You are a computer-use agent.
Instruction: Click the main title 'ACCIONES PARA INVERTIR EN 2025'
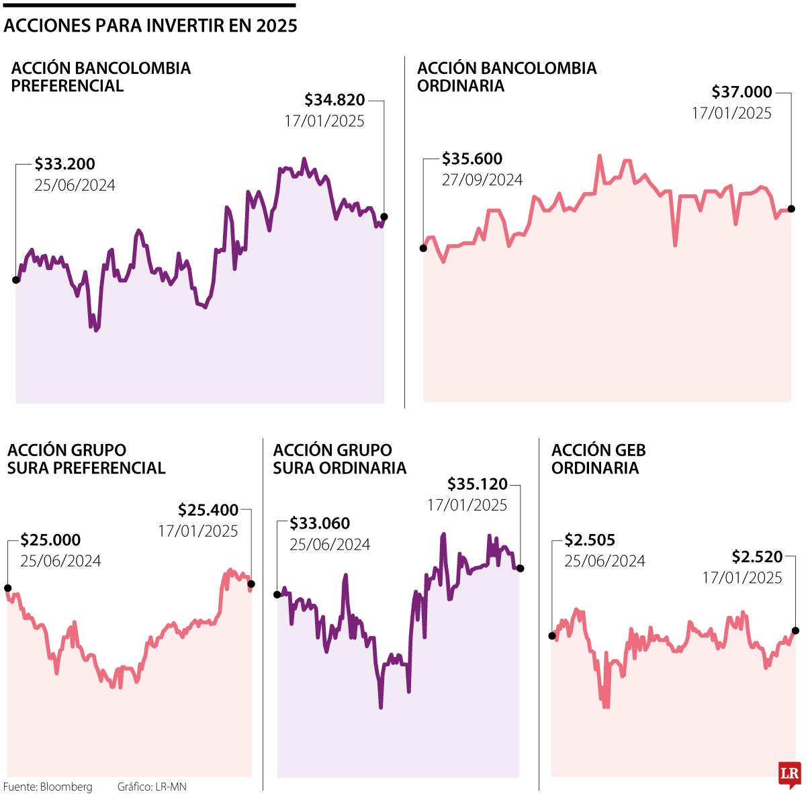coord(150,26)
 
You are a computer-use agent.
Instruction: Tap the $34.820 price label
coord(334,100)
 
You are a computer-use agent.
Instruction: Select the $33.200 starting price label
coord(65,164)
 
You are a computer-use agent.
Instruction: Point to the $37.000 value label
coord(742,92)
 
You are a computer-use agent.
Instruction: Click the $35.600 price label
coord(472,159)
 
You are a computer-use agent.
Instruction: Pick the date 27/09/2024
coord(482,180)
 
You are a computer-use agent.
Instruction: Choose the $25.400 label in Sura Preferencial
coord(208,510)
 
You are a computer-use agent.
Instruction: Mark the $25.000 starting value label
coord(50,540)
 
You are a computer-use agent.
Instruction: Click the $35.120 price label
coord(478,484)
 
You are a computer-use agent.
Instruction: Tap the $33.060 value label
coord(320,523)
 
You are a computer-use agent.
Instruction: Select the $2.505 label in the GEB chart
coord(590,540)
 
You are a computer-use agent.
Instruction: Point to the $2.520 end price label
coord(757,557)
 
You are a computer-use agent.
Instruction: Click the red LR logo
coord(789,774)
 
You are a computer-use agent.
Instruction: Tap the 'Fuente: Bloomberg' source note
coord(48,787)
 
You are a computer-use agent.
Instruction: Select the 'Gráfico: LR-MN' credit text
coord(151,787)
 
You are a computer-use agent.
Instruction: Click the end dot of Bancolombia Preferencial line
coord(384,217)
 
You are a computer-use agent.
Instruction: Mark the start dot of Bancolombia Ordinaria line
coord(423,248)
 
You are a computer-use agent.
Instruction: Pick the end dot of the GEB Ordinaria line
coord(796,630)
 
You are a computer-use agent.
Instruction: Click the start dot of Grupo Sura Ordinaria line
coord(277,594)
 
